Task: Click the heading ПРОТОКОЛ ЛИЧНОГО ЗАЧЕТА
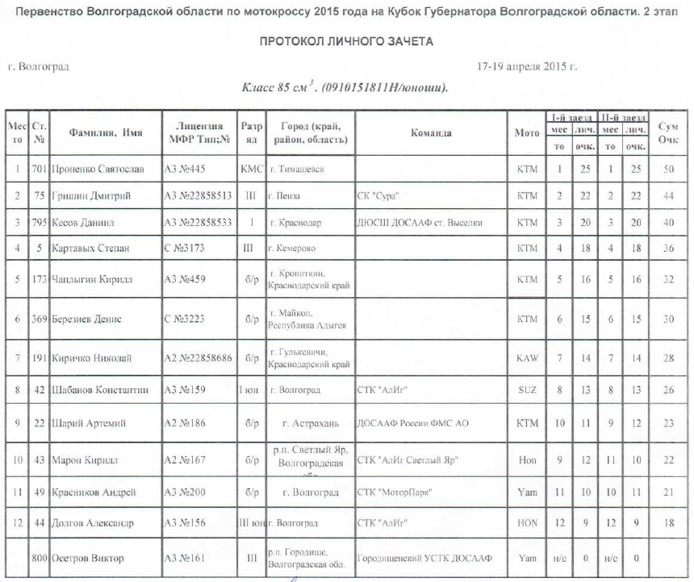point(346,41)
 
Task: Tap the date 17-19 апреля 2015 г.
point(527,66)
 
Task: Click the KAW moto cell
point(526,357)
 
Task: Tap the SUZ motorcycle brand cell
point(526,390)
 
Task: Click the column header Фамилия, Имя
point(100,133)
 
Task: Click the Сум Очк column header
point(668,133)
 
